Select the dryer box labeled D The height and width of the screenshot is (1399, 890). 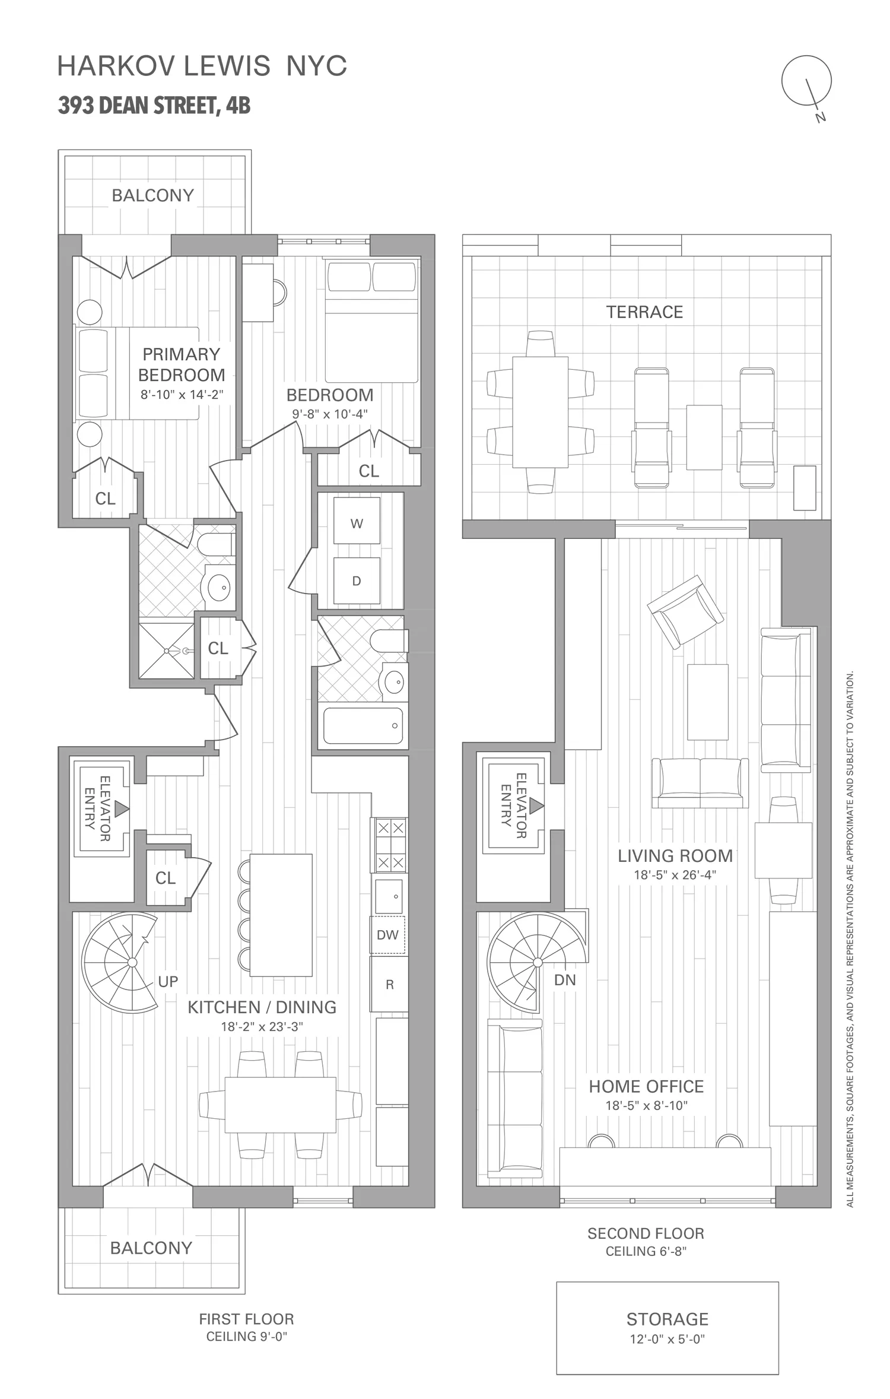[357, 580]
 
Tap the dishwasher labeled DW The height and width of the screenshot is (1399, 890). [388, 935]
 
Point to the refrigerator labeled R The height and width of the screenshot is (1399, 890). [389, 985]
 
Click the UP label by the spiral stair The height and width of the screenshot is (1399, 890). [168, 982]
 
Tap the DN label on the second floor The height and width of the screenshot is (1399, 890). [565, 980]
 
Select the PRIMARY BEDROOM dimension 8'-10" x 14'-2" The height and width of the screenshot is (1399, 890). [182, 395]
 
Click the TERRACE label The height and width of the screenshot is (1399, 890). [644, 312]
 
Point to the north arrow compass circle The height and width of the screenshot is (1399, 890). [806, 81]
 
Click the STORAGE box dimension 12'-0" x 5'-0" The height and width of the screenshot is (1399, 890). [667, 1339]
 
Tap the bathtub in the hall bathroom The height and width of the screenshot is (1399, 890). [363, 725]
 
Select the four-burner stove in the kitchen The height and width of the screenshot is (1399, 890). [390, 845]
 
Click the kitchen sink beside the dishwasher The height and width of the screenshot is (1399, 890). [389, 896]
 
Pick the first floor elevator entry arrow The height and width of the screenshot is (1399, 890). [122, 808]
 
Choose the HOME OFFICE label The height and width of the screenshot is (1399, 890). [646, 1087]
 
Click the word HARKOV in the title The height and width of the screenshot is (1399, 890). [117, 66]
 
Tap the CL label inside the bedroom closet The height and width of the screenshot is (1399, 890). [368, 471]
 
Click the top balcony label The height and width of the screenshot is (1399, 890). [153, 195]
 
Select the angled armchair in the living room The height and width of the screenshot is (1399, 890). [685, 612]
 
